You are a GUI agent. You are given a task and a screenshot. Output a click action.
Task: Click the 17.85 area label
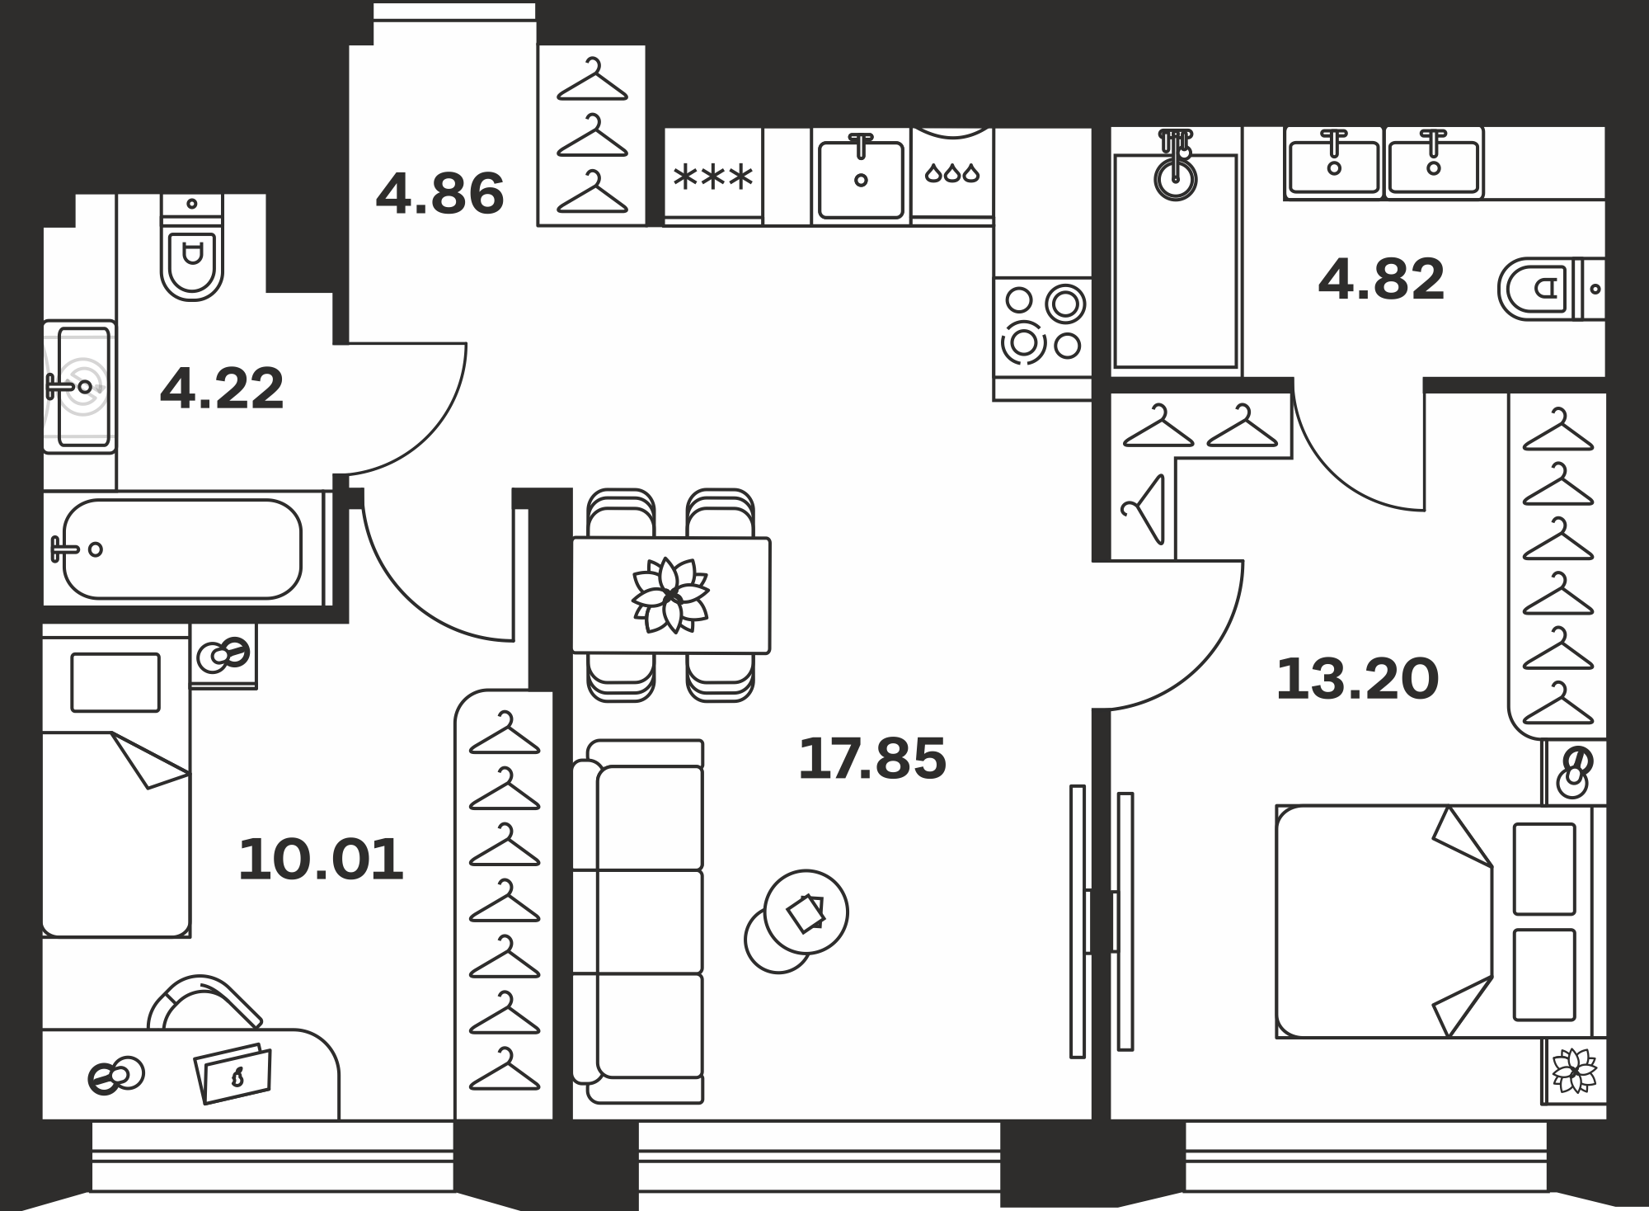[872, 759]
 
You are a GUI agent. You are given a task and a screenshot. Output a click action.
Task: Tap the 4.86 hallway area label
[439, 194]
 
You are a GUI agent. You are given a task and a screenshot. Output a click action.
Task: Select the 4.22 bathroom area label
[222, 389]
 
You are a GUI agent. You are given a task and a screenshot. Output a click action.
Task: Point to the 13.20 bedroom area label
[1357, 680]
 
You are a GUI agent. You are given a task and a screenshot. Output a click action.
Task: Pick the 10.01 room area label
[321, 860]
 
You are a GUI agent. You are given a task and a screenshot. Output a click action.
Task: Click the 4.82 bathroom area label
[1382, 279]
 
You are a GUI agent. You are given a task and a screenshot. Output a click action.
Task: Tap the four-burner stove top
[1043, 327]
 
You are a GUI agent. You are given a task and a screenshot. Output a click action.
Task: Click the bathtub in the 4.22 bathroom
[183, 549]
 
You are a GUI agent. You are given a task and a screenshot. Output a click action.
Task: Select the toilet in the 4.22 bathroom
[192, 247]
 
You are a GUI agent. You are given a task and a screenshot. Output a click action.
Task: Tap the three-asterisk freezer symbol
[713, 177]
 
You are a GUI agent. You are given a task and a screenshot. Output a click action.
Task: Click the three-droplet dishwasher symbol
[952, 173]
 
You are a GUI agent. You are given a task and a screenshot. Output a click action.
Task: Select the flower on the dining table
[670, 595]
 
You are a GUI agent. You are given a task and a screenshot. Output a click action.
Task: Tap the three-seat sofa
[637, 921]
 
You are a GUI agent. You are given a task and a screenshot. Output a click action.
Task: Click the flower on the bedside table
[1575, 1070]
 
